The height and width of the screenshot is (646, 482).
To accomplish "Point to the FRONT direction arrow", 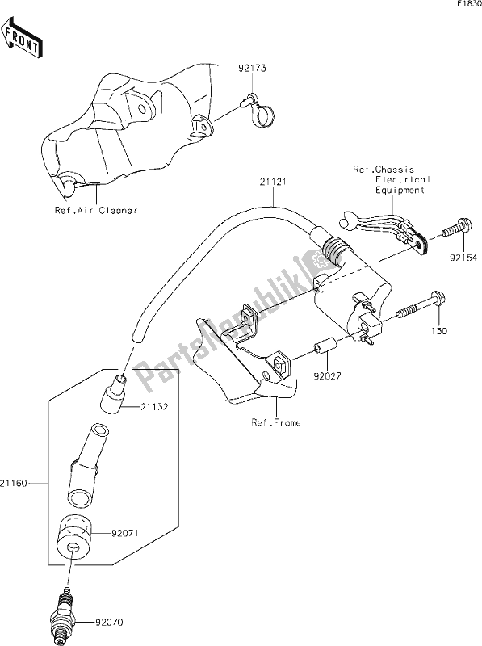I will pos(23,40).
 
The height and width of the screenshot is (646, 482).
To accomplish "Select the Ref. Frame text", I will pos(275,422).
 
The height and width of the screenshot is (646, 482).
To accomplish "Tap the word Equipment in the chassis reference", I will pos(398,191).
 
